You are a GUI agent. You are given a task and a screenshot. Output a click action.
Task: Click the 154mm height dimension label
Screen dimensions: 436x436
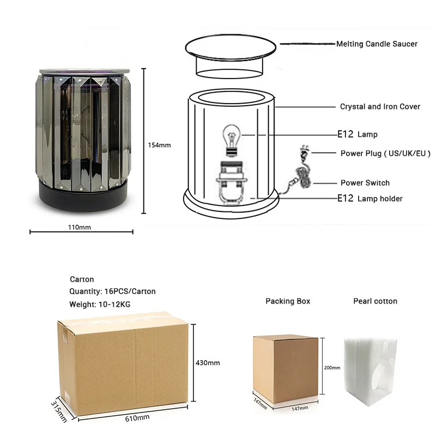[159, 145]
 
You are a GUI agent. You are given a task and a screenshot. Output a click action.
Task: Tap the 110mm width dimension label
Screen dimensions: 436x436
[80, 227]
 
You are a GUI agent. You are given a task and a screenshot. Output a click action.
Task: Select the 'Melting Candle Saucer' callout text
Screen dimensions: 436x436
[377, 44]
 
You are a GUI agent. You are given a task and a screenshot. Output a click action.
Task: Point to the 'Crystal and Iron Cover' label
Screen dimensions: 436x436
[380, 106]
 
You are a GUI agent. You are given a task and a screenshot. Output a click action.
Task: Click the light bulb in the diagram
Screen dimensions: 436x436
[231, 141]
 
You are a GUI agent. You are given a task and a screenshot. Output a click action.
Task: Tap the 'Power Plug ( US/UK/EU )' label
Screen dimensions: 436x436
[385, 153]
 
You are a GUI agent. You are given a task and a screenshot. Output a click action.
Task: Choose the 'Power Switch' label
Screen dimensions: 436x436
[365, 183]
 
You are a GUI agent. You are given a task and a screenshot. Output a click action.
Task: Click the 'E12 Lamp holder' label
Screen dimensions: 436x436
[370, 198]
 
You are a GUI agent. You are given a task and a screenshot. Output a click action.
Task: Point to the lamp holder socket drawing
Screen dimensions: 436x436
[232, 183]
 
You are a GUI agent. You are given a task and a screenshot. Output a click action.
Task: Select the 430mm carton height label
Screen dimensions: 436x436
[208, 362]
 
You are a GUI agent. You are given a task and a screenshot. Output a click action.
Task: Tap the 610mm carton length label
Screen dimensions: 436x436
[137, 417]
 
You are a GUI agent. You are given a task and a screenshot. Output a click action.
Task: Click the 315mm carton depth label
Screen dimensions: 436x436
[59, 412]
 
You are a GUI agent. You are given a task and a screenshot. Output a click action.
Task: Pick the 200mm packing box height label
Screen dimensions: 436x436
[332, 367]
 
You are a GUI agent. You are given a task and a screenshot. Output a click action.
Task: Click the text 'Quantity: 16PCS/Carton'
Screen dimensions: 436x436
[112, 291]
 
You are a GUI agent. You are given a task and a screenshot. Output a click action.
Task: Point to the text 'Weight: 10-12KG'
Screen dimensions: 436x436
[100, 304]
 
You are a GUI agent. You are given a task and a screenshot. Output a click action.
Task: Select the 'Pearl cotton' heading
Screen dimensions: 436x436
[375, 301]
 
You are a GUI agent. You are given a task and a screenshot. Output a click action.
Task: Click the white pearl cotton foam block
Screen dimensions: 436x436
[371, 372]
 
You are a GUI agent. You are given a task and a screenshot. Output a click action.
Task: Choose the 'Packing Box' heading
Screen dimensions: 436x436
[288, 301]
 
